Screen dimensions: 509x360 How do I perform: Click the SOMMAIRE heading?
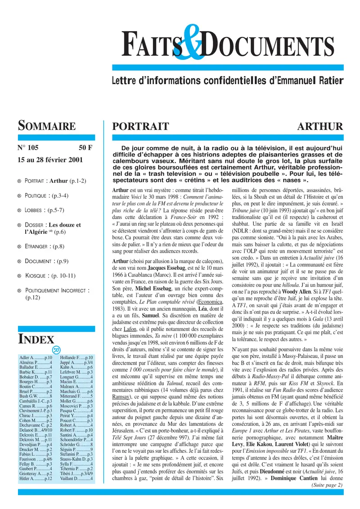(46, 126)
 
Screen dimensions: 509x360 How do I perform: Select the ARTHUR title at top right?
(320, 126)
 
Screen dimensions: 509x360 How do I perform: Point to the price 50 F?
(85, 147)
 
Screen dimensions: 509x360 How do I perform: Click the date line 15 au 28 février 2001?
(49, 159)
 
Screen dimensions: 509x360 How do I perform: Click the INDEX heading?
(36, 339)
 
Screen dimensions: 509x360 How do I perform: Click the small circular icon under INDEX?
(56, 351)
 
